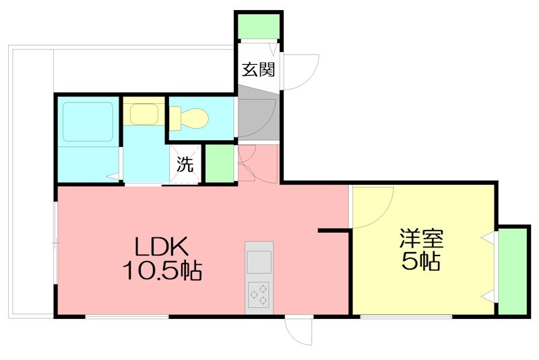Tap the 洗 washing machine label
click(x=185, y=163)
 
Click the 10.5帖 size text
click(x=162, y=271)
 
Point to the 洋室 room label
click(x=421, y=239)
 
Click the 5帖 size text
click(x=421, y=262)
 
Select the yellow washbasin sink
click(x=143, y=114)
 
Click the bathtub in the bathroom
click(x=88, y=121)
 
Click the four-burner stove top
click(x=259, y=294)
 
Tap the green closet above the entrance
click(x=258, y=26)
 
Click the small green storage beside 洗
click(x=218, y=163)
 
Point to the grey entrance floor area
click(x=257, y=119)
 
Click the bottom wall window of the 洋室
click(x=405, y=316)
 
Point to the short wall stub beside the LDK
click(x=333, y=231)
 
